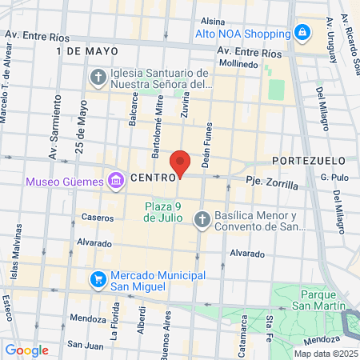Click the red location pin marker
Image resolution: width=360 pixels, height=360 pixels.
click(x=180, y=163)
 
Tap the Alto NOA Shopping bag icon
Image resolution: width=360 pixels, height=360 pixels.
click(x=302, y=34)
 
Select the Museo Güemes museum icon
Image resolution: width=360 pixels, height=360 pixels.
click(x=115, y=181)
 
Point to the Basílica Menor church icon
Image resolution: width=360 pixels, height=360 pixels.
click(x=203, y=219)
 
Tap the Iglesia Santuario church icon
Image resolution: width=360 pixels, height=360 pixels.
click(x=98, y=78)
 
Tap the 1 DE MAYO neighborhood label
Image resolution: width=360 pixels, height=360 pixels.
click(x=82, y=50)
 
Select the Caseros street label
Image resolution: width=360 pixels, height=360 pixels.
click(x=97, y=217)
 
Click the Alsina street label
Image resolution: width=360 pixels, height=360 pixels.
click(x=213, y=21)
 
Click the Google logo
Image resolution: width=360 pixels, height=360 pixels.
click(x=26, y=350)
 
